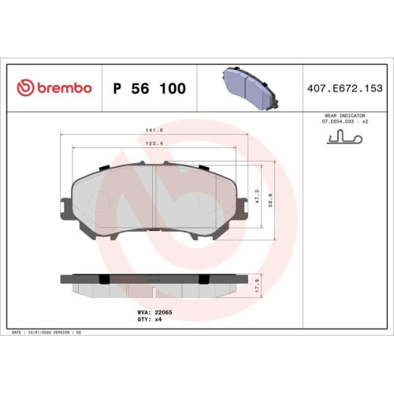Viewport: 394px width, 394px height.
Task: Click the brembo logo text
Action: pos(63,87)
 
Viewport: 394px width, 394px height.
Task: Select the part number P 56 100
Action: pos(150,88)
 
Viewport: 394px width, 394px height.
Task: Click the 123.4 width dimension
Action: pos(154,143)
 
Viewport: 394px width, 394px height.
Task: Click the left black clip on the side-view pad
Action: pos(104,278)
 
